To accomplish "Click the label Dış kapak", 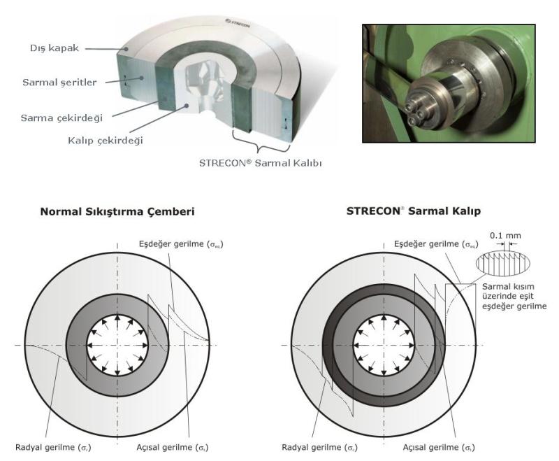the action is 55,48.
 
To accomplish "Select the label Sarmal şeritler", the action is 59,83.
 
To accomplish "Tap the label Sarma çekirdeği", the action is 61,118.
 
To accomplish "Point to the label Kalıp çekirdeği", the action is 106,140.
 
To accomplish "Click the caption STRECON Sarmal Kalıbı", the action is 260,163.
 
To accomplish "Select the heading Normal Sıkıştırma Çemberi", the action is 117,211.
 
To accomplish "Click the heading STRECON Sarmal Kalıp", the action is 414,211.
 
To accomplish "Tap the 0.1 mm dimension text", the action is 505,236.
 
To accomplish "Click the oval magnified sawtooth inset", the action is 502,263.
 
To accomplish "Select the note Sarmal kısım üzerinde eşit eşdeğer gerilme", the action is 514,296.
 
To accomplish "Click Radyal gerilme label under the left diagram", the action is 53,448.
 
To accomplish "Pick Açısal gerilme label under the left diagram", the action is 173,448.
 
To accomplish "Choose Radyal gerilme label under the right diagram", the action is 320,448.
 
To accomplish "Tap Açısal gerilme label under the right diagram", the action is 439,448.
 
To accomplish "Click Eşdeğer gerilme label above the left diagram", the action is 181,244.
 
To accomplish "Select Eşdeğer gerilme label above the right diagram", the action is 436,244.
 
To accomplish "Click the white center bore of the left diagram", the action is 117,345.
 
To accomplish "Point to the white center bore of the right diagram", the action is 384,345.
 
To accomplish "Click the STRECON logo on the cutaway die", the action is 238,22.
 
